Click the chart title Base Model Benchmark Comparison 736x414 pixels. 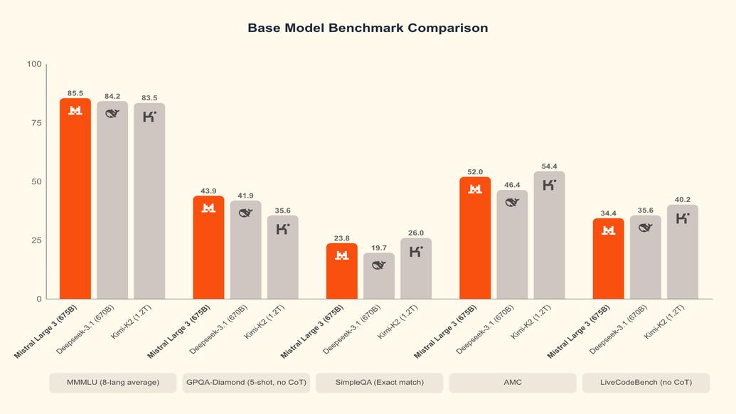coord(368,28)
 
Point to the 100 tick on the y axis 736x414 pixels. coord(34,64)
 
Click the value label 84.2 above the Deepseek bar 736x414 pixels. coord(112,96)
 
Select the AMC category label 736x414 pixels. coord(512,383)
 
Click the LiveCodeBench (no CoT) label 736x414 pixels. coord(646,383)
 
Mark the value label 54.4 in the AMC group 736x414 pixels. coord(549,166)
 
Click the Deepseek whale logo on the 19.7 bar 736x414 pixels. coord(379,265)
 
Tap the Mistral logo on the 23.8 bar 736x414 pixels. coord(342,255)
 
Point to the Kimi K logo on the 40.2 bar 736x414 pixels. coord(683,218)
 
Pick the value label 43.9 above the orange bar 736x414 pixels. coord(208,191)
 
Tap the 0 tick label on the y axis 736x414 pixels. coord(38,299)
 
